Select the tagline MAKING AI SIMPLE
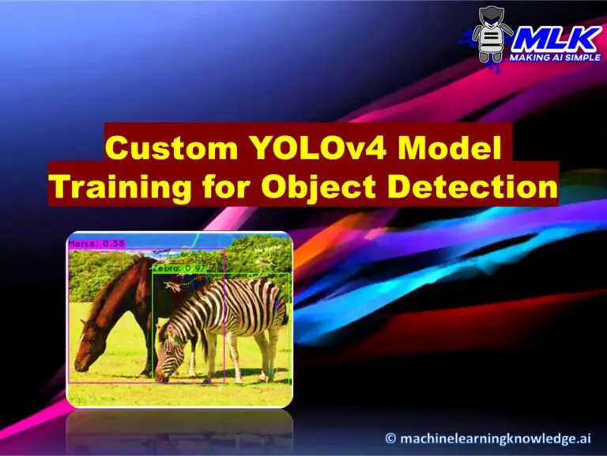(553, 58)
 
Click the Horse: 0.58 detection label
(96, 244)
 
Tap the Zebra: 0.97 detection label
(179, 268)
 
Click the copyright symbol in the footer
(390, 437)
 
